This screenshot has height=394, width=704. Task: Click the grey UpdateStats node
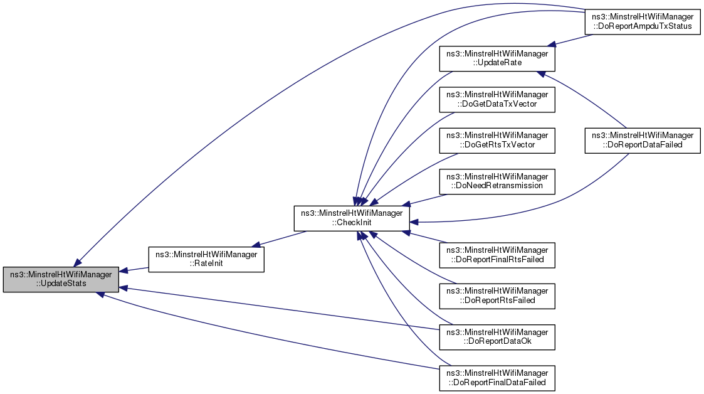click(x=61, y=279)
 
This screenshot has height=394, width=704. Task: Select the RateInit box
click(x=205, y=259)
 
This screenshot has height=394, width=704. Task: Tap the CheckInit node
click(x=352, y=218)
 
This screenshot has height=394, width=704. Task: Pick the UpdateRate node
click(x=497, y=58)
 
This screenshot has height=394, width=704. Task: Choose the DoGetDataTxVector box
click(x=497, y=99)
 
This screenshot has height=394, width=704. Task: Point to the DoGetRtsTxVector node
click(x=497, y=140)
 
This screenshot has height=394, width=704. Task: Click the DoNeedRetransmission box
click(x=497, y=181)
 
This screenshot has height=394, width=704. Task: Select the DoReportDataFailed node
click(x=641, y=140)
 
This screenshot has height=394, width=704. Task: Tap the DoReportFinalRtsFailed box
click(x=497, y=254)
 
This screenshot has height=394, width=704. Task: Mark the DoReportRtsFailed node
click(x=497, y=295)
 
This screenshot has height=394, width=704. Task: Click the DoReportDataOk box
click(x=497, y=336)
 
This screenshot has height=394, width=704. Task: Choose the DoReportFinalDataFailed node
click(x=497, y=376)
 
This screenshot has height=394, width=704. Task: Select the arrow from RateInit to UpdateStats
click(x=133, y=269)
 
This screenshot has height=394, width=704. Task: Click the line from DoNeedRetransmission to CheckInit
click(x=426, y=199)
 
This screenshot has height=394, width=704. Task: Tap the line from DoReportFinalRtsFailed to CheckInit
click(x=426, y=237)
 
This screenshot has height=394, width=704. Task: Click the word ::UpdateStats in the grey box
click(x=61, y=284)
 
